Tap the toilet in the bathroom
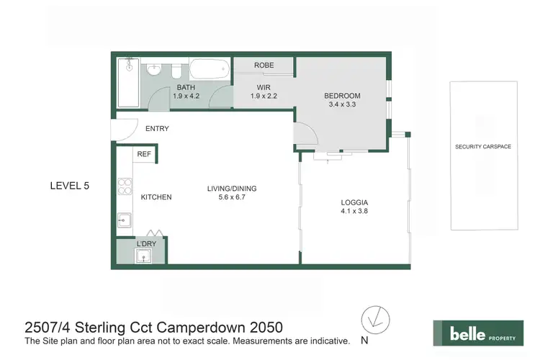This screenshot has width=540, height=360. pos(175,71)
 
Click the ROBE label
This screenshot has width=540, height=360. pos(263,66)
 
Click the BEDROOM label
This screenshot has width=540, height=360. pos(342,96)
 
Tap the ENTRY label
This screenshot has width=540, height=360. pos(157,129)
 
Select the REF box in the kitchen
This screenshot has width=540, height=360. pos(144,153)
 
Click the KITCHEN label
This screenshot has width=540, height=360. pos(156,197)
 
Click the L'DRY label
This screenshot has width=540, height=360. pos(146,245)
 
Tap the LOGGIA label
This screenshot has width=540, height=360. pos(354,203)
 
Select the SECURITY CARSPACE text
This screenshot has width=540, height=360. pos(482,146)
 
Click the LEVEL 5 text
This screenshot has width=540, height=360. pos(69,186)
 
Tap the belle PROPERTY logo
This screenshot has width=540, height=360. pos(477,334)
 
